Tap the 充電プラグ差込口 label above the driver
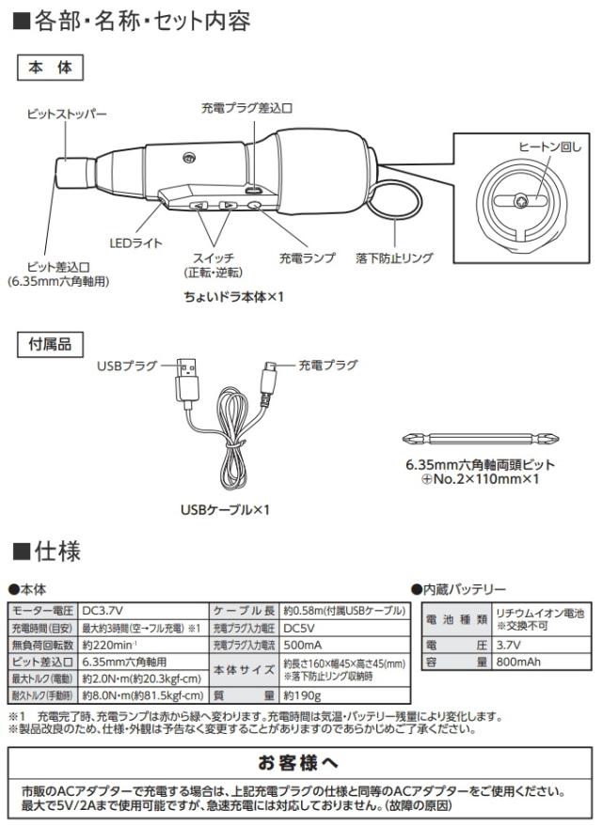coord(246,108)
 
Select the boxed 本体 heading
coord(51,68)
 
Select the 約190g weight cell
coord(302,695)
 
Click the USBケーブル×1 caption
coord(225,509)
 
